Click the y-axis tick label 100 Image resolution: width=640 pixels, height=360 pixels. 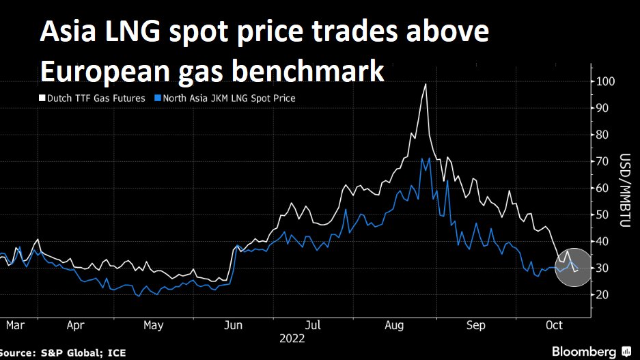click(606, 81)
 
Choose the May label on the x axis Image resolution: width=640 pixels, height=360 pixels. click(154, 326)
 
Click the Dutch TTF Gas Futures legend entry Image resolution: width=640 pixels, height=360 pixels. click(96, 98)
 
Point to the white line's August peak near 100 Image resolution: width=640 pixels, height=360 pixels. click(426, 84)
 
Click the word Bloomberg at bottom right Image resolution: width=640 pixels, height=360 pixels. click(583, 351)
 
